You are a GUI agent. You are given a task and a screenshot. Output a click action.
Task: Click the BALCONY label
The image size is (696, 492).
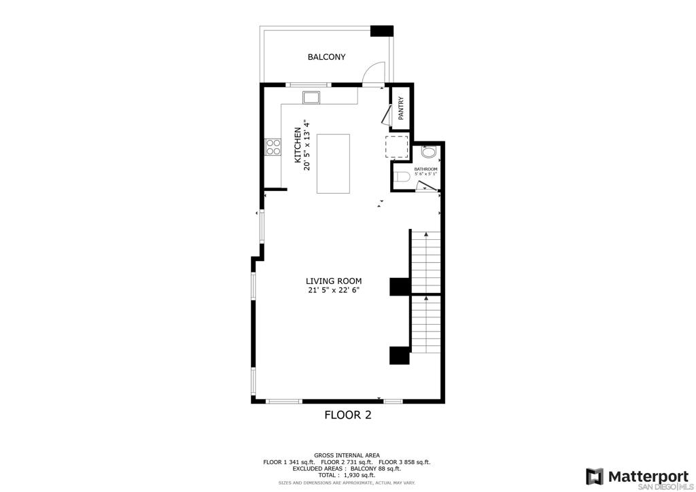click(326, 57)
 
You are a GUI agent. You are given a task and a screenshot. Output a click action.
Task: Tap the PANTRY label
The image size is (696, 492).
click(401, 108)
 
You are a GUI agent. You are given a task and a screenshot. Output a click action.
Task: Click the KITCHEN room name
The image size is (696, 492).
click(298, 145)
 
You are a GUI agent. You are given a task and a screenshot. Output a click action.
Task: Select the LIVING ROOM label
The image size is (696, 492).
click(333, 281)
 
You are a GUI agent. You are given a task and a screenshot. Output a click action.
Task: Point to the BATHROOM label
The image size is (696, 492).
click(425, 169)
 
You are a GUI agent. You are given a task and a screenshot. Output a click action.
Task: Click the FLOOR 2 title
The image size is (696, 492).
click(348, 415)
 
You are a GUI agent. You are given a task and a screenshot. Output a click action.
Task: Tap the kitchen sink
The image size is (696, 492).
click(311, 97)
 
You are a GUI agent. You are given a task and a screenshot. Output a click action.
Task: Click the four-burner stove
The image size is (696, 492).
click(273, 147)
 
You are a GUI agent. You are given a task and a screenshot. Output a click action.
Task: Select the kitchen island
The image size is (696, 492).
click(333, 164)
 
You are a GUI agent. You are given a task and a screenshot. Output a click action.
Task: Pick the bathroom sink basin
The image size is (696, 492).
click(429, 153)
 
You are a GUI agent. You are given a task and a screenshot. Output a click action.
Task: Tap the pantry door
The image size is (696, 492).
click(385, 113)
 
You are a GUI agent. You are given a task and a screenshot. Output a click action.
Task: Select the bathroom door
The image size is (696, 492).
click(427, 186)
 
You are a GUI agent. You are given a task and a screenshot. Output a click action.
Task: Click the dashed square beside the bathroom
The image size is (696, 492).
click(396, 147)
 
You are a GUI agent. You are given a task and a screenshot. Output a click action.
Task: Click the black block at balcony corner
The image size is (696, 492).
click(382, 31)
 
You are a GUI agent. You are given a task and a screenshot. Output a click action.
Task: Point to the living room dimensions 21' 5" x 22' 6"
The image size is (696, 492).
click(333, 290)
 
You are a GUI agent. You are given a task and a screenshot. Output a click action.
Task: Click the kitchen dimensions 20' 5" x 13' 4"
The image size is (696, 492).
click(307, 145)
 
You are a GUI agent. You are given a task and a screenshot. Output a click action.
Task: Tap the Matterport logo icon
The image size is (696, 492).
click(594, 476)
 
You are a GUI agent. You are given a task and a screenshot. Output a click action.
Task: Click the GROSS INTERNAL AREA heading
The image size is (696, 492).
click(347, 455)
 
